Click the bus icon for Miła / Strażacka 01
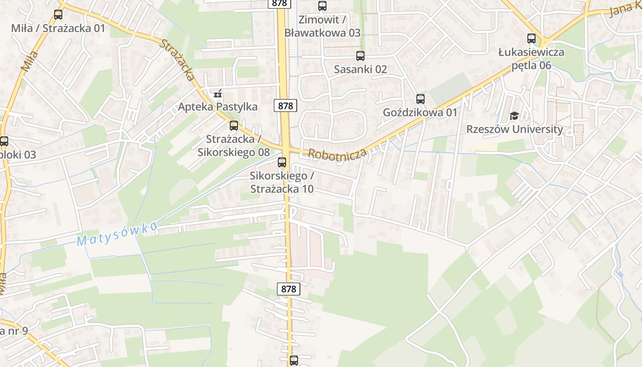tap(58, 14)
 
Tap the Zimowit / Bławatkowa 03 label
tap(322, 26)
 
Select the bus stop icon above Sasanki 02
tap(360, 56)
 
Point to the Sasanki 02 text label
tap(360, 69)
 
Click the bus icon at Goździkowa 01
tap(421, 99)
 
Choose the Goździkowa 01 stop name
tap(420, 112)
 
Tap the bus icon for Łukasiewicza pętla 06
tap(531, 39)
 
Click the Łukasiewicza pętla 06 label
tap(531, 59)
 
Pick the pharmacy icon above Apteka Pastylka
tap(218, 94)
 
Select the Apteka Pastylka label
tap(218, 107)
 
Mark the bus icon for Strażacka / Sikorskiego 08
tap(234, 125)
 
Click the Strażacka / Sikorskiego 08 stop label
tap(233, 145)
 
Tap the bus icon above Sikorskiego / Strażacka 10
tap(282, 162)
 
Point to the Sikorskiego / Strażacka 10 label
tap(282, 182)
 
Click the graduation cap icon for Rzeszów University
tap(514, 116)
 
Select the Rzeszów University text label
tap(515, 129)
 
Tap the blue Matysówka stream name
tap(117, 234)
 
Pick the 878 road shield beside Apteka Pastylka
tap(285, 106)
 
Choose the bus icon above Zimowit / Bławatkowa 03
tap(322, 6)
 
